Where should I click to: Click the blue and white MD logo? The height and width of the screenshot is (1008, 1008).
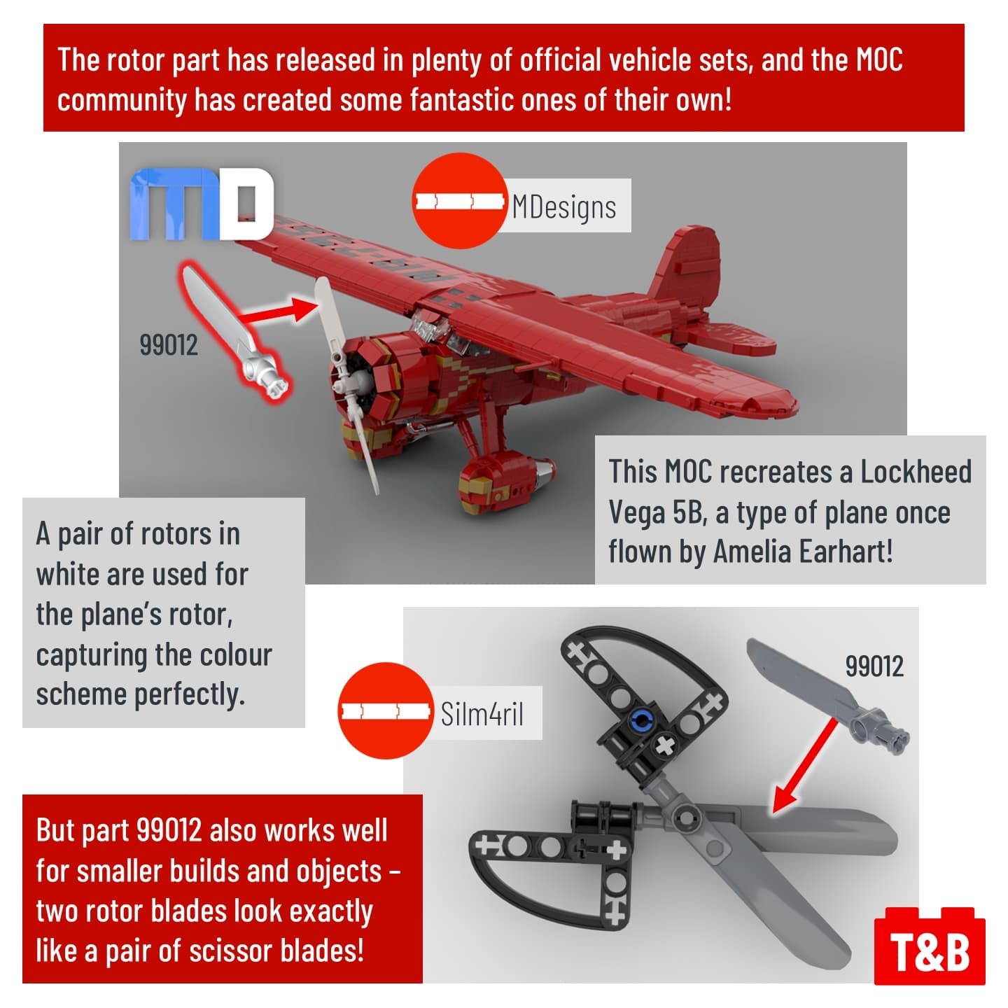point(202,204)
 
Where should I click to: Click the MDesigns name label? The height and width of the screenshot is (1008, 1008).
point(564,206)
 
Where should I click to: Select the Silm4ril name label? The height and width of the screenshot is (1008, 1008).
point(481,713)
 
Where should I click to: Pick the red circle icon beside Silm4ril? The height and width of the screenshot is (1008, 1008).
point(386,710)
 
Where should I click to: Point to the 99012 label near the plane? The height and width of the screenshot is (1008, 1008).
point(169,344)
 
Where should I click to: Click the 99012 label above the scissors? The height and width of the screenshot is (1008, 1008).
point(874,666)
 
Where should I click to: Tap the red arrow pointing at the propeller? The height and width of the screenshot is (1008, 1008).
point(280,311)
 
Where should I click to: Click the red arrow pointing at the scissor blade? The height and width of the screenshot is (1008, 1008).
point(804,767)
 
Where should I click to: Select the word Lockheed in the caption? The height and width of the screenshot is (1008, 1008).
point(916,471)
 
